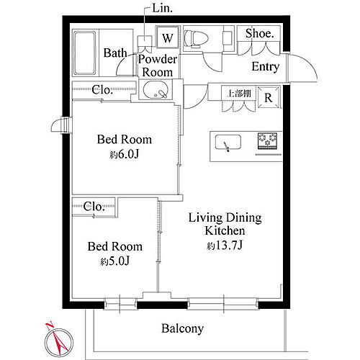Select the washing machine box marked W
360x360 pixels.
168,37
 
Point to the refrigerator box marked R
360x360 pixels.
268,98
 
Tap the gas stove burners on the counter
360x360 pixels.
268,141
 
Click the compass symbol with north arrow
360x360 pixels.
57,337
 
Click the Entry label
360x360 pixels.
266,67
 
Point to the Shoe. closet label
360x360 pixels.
259,33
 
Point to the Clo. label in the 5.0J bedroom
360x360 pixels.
94,207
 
